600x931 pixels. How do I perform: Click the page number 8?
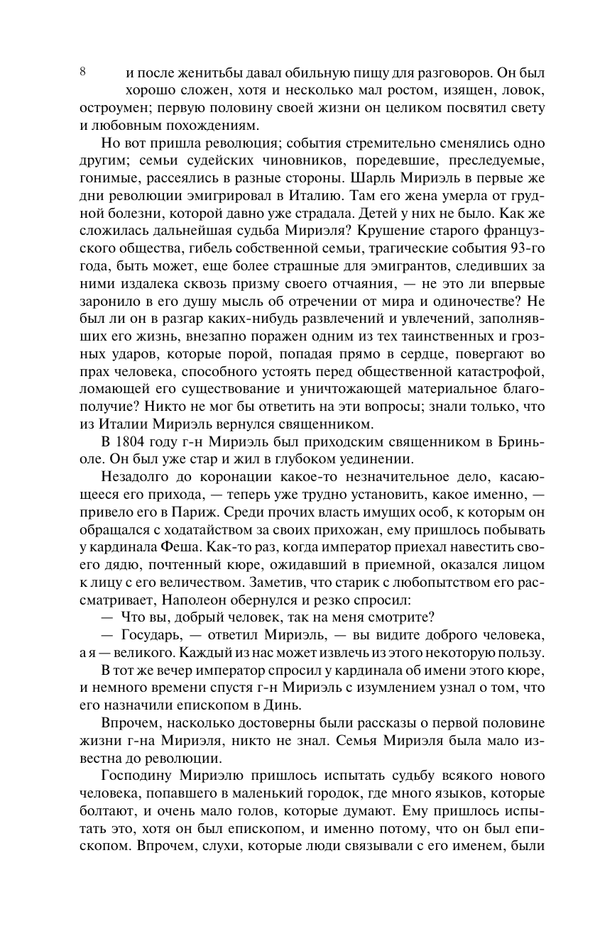point(83,72)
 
